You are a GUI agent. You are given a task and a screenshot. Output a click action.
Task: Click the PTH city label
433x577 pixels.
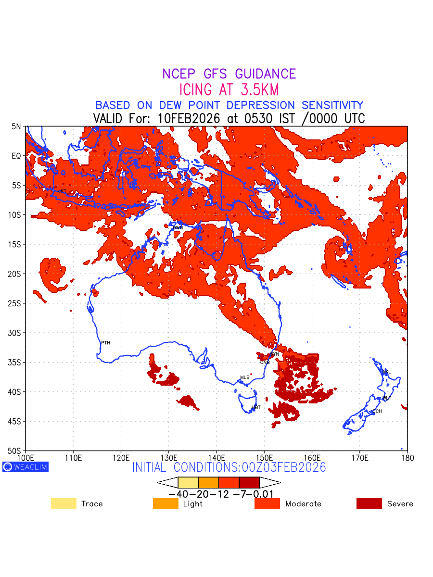click(x=105, y=343)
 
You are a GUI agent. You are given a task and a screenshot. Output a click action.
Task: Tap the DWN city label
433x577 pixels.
click(x=178, y=227)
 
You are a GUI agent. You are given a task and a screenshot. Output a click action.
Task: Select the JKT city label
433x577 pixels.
click(x=62, y=191)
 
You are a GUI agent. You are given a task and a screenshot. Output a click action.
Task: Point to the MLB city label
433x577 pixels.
click(x=245, y=377)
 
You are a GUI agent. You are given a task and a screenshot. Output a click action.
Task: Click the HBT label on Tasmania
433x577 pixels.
click(x=256, y=407)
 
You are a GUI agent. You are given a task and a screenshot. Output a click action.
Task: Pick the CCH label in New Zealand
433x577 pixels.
click(x=377, y=412)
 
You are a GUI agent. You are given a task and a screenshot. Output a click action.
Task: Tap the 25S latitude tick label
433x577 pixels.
click(x=15, y=303)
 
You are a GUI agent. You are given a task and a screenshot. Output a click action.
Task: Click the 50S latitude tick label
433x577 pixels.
click(x=15, y=451)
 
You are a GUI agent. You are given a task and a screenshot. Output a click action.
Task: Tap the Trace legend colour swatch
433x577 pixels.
click(x=64, y=503)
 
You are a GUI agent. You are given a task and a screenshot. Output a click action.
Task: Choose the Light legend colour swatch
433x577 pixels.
click(x=166, y=503)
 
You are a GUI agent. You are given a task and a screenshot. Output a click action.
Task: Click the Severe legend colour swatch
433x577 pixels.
click(x=369, y=503)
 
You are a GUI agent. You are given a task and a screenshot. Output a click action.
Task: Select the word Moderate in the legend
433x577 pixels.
click(x=303, y=504)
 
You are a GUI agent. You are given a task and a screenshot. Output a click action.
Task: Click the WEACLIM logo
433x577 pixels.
click(x=25, y=466)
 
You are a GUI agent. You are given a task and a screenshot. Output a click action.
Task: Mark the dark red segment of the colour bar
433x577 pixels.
click(x=249, y=482)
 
